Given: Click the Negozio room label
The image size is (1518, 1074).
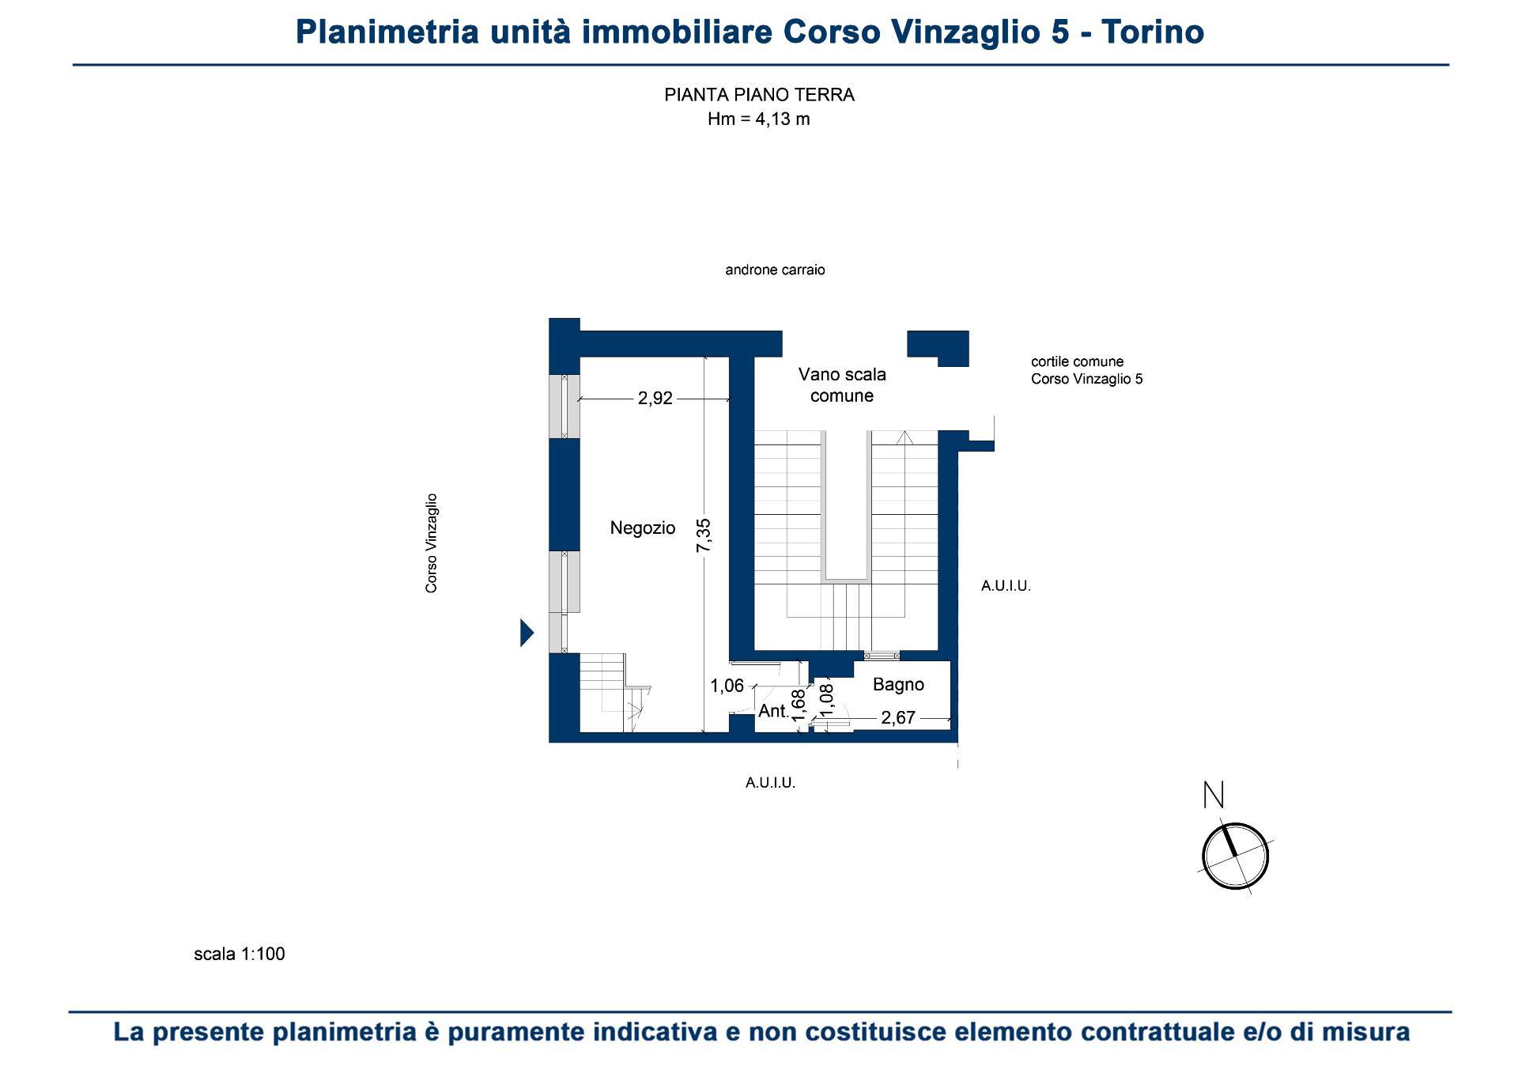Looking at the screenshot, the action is coord(643,528).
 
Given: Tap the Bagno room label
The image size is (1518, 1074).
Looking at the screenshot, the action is coord(898,685).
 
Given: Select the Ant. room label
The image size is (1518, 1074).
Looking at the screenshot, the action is coord(773,711).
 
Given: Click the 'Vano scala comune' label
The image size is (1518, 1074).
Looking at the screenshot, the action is coord(842,385).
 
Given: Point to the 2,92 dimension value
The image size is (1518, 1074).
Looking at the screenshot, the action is coord(655,399).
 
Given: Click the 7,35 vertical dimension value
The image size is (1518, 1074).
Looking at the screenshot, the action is coord(704,535).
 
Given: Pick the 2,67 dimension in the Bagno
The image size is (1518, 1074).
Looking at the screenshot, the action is coord(898,718).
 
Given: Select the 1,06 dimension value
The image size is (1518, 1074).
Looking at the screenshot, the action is coord(727,686).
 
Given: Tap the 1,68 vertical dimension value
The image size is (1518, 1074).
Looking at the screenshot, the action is coord(799,705).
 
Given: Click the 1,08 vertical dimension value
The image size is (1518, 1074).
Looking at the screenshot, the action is coord(827,700).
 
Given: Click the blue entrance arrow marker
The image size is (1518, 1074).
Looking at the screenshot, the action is coord(527,633).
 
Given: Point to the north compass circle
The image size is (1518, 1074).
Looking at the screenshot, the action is coord(1235,857).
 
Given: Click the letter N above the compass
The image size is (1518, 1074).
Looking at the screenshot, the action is coord(1214,795).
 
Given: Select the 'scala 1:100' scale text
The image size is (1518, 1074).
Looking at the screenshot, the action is coord(240,954).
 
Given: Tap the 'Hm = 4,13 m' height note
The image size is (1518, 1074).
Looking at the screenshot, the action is coord(759,119).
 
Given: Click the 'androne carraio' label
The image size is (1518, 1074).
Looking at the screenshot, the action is coord(775,270).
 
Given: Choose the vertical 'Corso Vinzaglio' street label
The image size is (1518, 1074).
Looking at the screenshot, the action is coord(432,543).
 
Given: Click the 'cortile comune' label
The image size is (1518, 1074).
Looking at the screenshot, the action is coord(1077,361).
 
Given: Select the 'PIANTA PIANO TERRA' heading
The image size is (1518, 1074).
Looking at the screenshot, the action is coord(759,95).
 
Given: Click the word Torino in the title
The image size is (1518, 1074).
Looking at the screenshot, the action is coord(1153,32).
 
